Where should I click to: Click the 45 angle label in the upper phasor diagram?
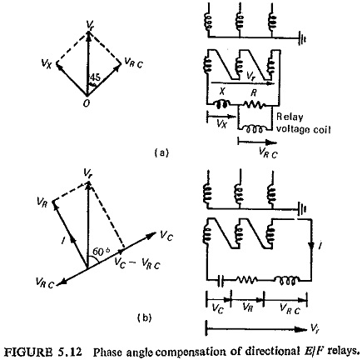95,77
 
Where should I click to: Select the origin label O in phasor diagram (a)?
87,103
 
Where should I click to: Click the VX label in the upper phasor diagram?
46,64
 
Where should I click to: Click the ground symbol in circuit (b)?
302,208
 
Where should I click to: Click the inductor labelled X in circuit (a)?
221,104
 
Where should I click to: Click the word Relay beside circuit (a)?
290,117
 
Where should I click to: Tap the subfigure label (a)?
161,152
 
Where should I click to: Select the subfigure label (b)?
145,317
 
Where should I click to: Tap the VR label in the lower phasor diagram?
42,202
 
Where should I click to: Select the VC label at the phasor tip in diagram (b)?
166,237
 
